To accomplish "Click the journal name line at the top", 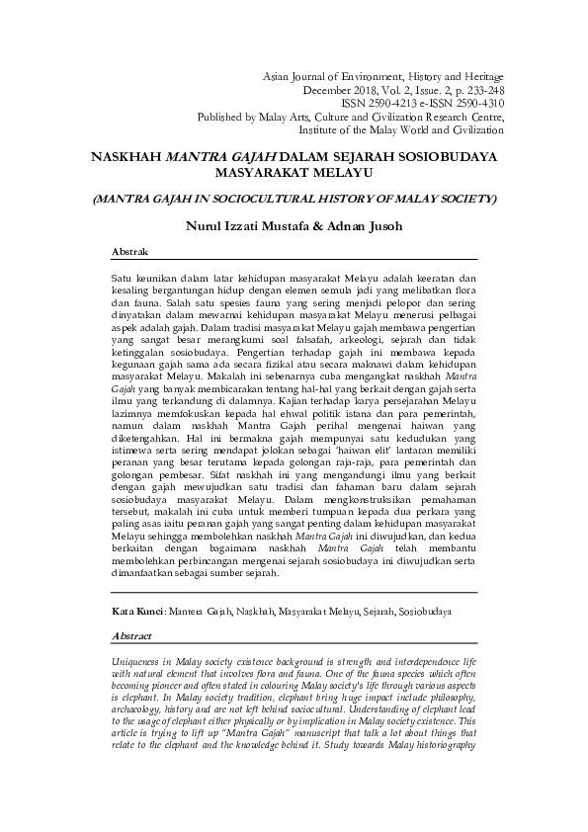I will (382, 76).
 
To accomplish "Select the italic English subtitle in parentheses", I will (294, 199).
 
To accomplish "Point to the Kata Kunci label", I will (137, 613).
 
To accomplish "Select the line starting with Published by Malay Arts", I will (364, 115).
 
